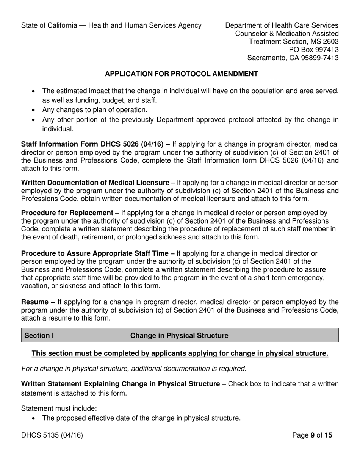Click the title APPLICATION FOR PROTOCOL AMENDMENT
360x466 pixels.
point(181,74)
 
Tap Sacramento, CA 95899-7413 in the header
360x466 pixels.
point(293,58)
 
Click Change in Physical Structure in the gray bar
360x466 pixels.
point(179,336)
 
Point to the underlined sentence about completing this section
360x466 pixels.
point(180,353)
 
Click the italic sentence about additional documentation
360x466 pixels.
point(134,368)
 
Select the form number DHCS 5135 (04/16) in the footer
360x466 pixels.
point(52,435)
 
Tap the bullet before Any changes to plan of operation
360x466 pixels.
point(34,110)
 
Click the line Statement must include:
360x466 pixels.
point(59,408)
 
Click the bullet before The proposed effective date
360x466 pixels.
point(34,419)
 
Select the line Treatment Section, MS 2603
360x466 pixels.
point(294,42)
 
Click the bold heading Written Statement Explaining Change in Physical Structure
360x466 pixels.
point(120,384)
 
